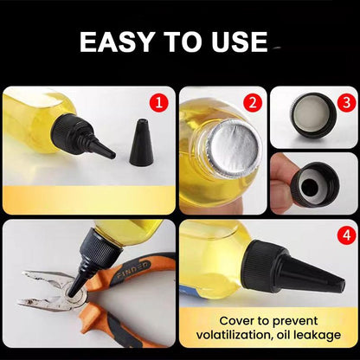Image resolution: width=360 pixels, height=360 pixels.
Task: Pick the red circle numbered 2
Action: tap(252, 104)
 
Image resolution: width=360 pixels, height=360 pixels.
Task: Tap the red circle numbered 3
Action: tap(344, 100)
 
